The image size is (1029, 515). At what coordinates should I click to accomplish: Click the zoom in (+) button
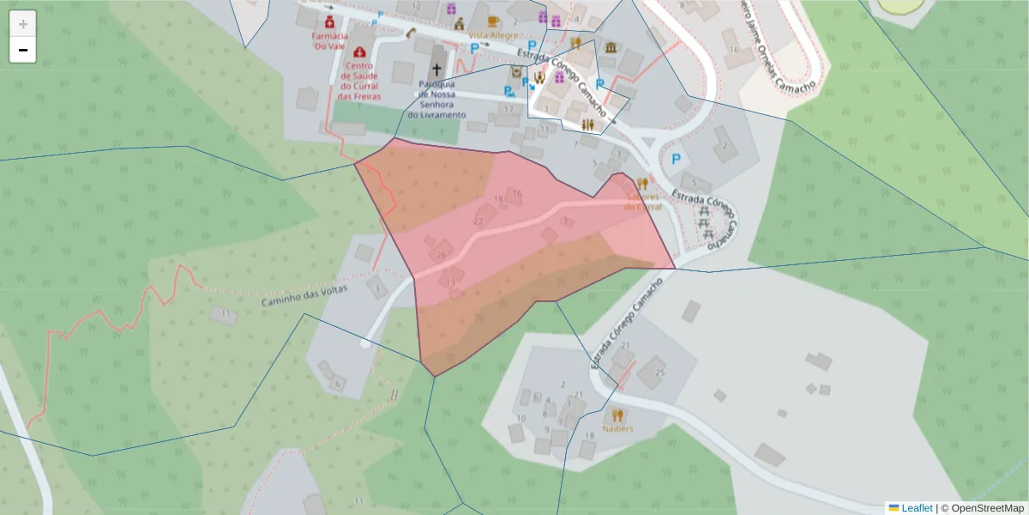click(23, 24)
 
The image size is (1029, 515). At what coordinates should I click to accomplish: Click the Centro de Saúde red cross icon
click(358, 52)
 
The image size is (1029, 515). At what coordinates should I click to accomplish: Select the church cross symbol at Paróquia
click(437, 69)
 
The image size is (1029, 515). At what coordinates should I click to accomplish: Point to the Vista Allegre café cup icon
click(493, 21)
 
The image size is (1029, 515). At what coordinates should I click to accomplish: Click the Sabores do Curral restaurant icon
click(642, 183)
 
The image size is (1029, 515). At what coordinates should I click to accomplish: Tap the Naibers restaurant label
click(617, 428)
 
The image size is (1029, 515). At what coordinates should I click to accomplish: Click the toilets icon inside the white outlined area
click(588, 125)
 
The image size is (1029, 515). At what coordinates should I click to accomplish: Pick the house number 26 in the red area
click(442, 255)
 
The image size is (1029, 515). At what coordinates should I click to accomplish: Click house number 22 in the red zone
click(478, 221)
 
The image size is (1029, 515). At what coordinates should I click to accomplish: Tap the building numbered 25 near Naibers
click(659, 373)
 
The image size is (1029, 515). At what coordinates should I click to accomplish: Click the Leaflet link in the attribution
click(917, 508)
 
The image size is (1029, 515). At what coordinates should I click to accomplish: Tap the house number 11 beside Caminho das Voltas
click(226, 314)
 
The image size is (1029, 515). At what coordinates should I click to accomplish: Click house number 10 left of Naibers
click(521, 418)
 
